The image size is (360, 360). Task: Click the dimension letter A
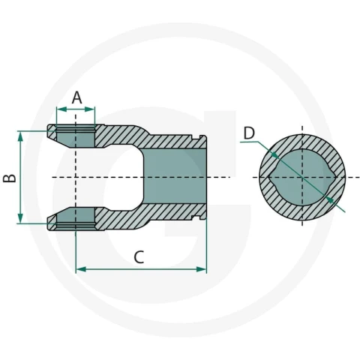pyautogui.click(x=76, y=97)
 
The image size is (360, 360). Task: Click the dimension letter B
pyautogui.click(x=10, y=178)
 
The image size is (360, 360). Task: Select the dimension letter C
pyautogui.click(x=139, y=257)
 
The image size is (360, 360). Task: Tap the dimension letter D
pyautogui.click(x=249, y=133)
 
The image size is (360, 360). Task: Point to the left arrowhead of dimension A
pyautogui.click(x=61, y=109)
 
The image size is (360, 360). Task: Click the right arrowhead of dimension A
pyautogui.click(x=90, y=109)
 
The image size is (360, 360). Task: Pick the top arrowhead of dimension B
pyautogui.click(x=20, y=136)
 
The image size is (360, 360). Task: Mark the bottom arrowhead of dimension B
pyautogui.click(x=20, y=218)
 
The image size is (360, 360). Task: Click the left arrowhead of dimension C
pyautogui.click(x=81, y=269)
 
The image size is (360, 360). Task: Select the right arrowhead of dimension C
pyautogui.click(x=202, y=269)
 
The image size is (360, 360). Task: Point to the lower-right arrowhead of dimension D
pyautogui.click(x=331, y=199)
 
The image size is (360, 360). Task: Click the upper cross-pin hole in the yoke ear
pyautogui.click(x=76, y=138)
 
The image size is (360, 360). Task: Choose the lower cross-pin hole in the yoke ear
pyautogui.click(x=76, y=217)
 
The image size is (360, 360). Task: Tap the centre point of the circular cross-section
pyautogui.click(x=302, y=177)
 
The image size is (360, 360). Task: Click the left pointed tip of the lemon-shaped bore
pyautogui.click(x=268, y=177)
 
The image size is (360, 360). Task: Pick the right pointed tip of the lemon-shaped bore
pyautogui.click(x=337, y=177)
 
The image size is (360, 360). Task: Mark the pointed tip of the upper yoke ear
pyautogui.click(x=48, y=130)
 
